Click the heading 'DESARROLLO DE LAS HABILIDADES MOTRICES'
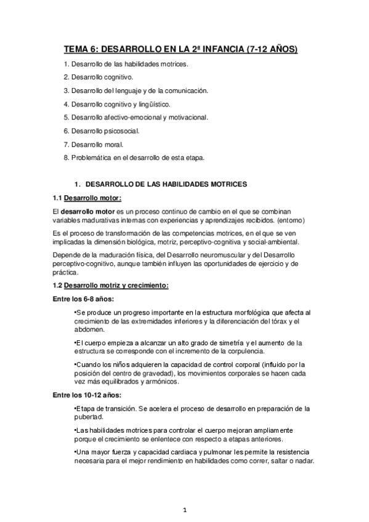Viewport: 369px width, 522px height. [166, 184]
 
